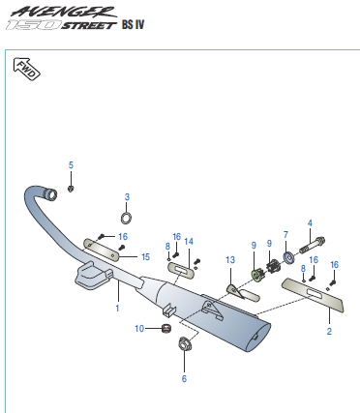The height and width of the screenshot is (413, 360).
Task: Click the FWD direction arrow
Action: point(26,69)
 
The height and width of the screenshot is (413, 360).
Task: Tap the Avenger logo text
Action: point(63,12)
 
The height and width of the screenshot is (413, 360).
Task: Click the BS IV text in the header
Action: point(133,24)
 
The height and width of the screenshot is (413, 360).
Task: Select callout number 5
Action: point(71,165)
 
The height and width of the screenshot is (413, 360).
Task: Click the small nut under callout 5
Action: point(71,189)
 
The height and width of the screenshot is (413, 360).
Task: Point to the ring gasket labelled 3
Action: point(126,218)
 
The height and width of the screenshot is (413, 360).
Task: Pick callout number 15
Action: point(146,257)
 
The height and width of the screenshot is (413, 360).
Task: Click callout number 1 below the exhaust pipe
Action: point(117,309)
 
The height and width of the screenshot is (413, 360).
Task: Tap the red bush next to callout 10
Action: point(166,329)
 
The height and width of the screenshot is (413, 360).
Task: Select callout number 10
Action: point(139,329)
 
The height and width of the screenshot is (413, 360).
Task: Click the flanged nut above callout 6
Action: point(185,342)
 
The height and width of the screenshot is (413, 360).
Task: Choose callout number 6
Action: point(184,378)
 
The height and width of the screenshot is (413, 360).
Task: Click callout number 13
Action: point(230,260)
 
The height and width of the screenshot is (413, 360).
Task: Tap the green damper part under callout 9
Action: point(256,275)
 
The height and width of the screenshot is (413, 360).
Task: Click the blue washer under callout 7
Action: point(287,258)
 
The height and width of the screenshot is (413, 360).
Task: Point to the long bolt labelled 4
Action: point(313,245)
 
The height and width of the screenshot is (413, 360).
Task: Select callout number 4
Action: point(310,223)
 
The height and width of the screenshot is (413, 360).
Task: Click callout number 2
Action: point(329,332)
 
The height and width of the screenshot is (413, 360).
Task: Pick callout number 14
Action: point(189,241)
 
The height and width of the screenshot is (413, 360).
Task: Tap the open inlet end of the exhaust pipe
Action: point(51,194)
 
